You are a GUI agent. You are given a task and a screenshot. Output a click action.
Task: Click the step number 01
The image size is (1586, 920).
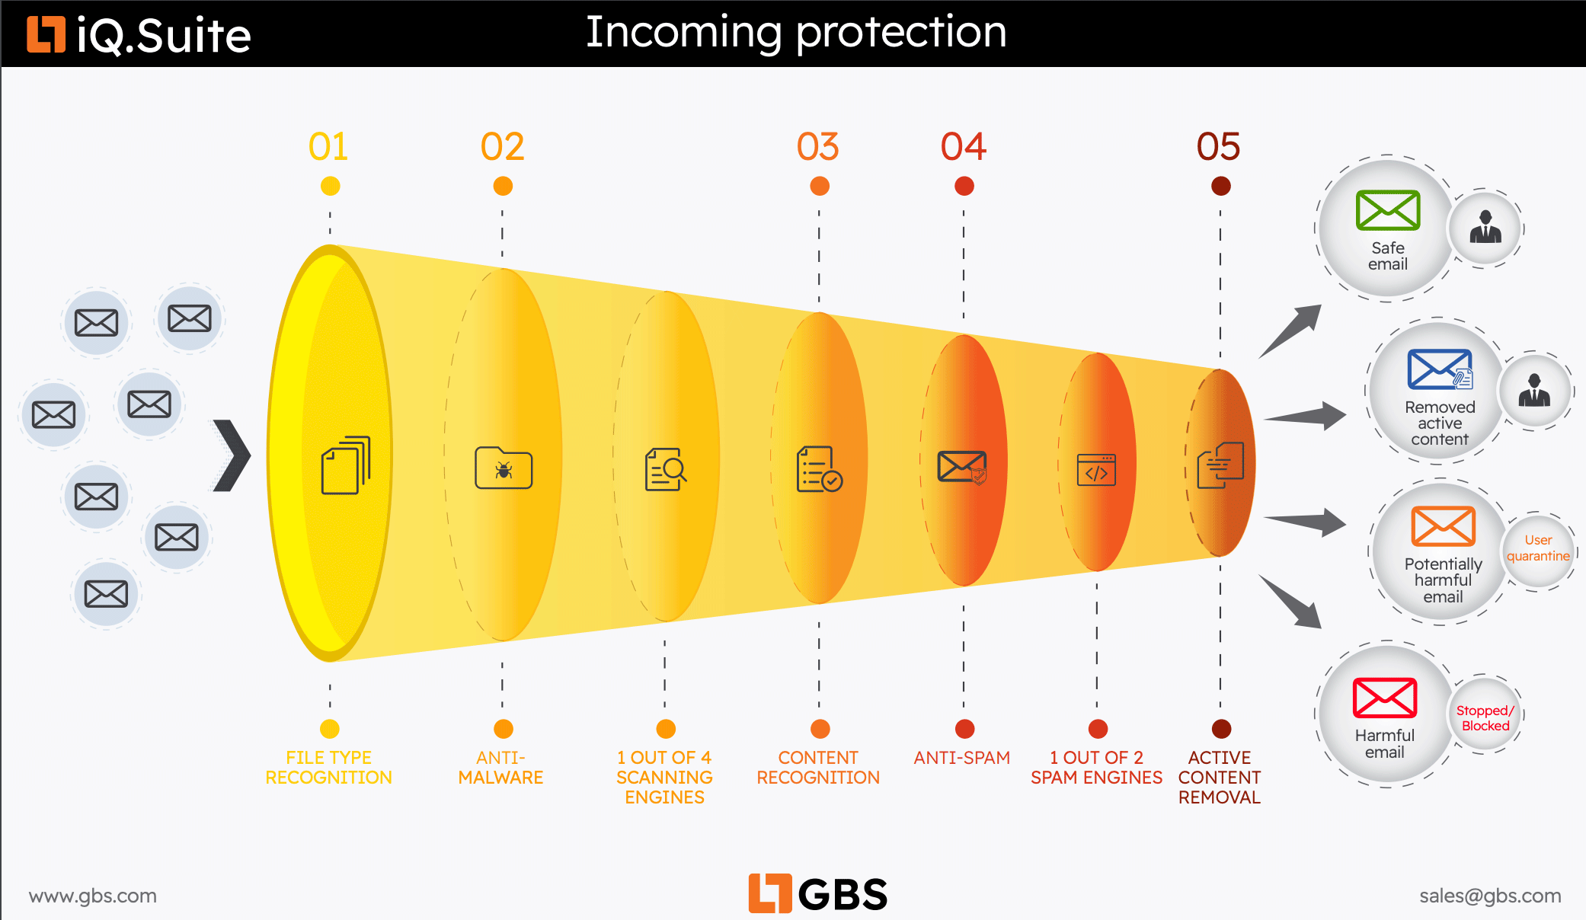point(328,146)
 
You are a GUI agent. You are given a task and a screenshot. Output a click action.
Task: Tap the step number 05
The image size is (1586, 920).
point(1218,146)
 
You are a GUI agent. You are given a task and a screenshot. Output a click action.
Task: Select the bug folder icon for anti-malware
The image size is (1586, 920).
point(504,468)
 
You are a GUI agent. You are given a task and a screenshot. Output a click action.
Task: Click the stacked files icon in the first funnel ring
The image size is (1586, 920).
point(346,465)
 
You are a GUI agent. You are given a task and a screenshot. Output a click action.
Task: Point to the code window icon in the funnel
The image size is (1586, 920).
point(1097,470)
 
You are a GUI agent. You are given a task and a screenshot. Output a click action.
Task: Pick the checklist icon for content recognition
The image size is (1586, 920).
point(819,469)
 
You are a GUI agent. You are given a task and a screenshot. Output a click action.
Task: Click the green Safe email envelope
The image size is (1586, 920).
point(1388,210)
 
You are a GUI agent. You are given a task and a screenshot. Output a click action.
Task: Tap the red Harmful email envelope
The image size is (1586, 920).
point(1385,698)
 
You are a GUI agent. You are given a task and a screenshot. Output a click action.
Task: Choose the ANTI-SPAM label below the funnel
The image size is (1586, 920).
point(962,758)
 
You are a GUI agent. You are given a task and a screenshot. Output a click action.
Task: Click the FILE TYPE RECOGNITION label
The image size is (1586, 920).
point(328,768)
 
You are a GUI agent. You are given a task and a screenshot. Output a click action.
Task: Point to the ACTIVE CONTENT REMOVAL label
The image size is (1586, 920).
point(1220,778)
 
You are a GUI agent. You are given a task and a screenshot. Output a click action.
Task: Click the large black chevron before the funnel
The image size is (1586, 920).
point(232,455)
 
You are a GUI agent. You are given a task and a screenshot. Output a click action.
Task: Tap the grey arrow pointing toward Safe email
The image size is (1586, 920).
point(1290,331)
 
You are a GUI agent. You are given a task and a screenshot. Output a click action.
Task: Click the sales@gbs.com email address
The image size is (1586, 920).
point(1490,896)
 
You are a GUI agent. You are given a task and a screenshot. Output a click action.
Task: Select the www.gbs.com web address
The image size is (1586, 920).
point(93,896)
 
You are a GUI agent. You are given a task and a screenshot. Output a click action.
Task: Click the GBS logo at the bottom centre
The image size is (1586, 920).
point(818,893)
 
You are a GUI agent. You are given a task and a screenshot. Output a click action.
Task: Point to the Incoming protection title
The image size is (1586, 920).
point(796,33)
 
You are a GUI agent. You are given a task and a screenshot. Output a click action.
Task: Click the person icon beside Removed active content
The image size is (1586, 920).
point(1534,391)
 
